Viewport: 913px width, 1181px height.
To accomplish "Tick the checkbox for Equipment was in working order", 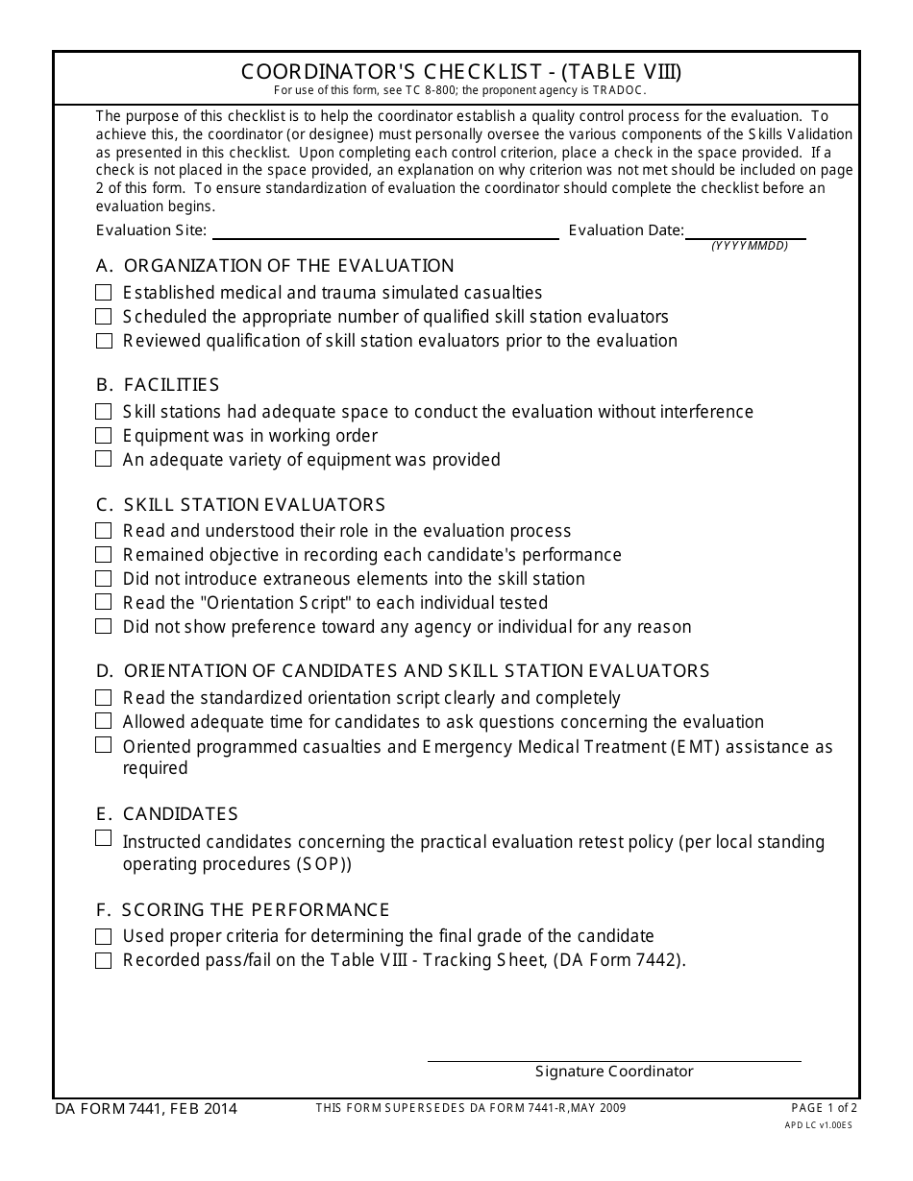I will click(x=104, y=436).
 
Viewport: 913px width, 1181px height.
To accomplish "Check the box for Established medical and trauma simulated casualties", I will click(x=104, y=293).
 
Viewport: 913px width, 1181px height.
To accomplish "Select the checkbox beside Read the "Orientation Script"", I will click(x=104, y=603).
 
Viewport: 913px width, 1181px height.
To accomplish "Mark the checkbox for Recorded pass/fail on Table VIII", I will click(x=104, y=961).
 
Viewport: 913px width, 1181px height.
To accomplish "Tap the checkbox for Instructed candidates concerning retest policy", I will click(x=104, y=839).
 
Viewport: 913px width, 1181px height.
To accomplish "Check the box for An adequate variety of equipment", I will click(x=104, y=460).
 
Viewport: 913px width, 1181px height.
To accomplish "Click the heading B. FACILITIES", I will click(x=158, y=385).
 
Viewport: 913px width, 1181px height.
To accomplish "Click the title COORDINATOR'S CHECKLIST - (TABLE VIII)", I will click(x=461, y=72).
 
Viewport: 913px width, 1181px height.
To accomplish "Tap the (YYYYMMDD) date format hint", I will click(x=750, y=246).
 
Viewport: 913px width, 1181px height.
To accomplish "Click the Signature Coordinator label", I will click(x=614, y=1072).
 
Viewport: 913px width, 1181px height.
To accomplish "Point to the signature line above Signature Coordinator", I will click(x=614, y=1061).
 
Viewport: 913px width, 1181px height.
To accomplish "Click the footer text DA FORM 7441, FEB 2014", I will click(x=146, y=1109).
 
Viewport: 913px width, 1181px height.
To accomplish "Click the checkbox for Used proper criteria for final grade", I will click(x=104, y=936).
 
